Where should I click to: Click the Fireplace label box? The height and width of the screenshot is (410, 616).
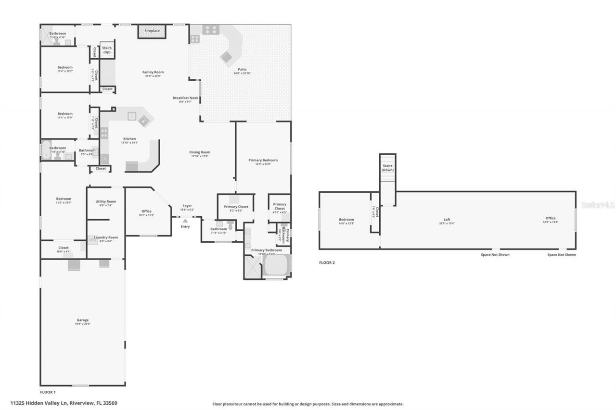152,31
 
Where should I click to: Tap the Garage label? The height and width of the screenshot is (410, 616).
83,320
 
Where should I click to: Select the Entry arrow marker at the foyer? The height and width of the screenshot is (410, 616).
185,221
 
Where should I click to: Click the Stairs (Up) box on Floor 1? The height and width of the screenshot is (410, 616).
107,50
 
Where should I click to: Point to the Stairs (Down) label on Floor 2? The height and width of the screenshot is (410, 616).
387,168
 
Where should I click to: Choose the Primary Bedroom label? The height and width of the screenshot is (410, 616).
263,160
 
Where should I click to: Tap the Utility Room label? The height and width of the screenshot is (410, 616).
106,202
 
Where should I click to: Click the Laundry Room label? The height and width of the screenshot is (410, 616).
106,237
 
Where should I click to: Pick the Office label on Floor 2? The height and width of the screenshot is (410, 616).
551,218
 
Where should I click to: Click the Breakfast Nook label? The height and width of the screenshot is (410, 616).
185,98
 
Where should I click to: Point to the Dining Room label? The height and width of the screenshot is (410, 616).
199,152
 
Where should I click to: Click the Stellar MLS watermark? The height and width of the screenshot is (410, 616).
598,205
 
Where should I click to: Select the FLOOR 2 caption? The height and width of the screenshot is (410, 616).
327,263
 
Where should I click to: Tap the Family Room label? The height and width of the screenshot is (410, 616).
153,72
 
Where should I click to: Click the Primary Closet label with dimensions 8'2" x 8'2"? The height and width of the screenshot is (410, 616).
236,207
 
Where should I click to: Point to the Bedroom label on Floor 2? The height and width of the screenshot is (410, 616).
346,220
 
